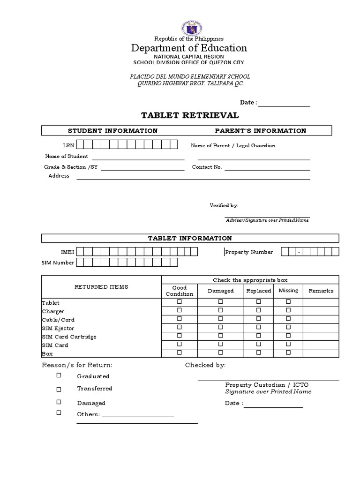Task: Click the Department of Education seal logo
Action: click(189, 29)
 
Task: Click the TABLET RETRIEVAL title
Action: click(190, 115)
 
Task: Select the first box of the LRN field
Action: click(81, 145)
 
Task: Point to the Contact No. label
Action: click(207, 167)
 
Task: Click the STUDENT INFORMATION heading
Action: click(112, 131)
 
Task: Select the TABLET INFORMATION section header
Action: click(190, 238)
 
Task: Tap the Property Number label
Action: click(249, 252)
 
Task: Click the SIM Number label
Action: click(58, 262)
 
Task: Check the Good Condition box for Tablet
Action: click(179, 302)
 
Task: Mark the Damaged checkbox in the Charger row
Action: click(220, 311)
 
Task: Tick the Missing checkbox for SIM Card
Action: click(288, 345)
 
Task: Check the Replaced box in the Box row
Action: click(258, 352)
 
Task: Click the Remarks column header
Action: click(321, 291)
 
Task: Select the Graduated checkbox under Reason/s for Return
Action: click(59, 375)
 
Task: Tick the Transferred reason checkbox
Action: click(59, 389)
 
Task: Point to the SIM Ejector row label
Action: click(58, 328)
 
